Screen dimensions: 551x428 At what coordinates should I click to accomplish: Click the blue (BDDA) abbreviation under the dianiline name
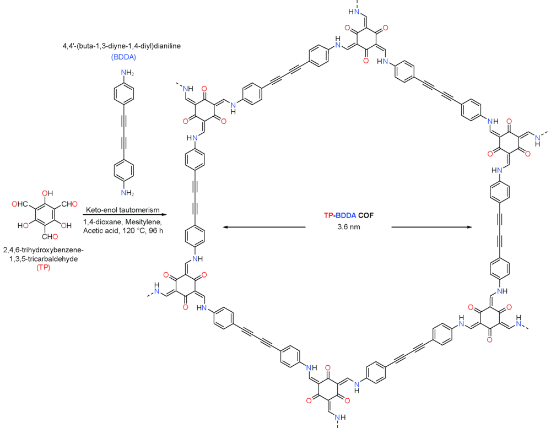point(123,57)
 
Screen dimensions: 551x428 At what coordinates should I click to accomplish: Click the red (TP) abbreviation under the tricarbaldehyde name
point(43,268)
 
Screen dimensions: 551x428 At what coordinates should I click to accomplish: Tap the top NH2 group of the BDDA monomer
point(127,73)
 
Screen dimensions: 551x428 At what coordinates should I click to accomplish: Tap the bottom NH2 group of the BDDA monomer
point(127,193)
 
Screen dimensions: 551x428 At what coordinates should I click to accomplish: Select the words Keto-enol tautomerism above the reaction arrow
point(123,210)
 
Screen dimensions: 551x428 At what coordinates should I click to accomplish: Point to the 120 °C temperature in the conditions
point(129,231)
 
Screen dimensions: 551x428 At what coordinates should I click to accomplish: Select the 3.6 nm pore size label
point(349,227)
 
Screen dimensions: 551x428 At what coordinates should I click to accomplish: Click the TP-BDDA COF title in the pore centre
point(349,215)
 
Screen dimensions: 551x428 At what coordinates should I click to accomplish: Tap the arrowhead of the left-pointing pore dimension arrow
point(225,227)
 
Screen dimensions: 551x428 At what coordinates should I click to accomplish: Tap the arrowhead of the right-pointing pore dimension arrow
point(469,227)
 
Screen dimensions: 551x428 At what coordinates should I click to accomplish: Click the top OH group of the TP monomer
point(47,193)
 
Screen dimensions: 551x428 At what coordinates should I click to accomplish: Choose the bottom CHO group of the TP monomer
point(50,236)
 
